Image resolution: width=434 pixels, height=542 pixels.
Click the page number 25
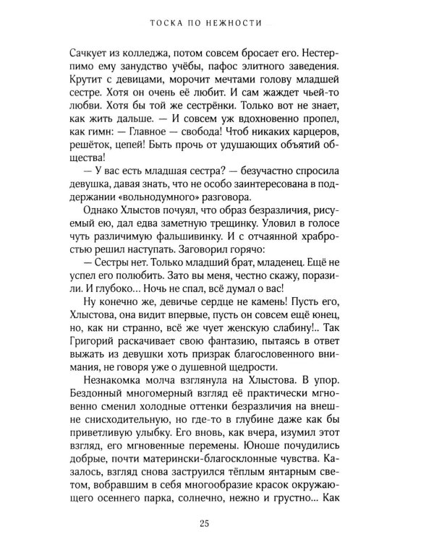tap(217, 521)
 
